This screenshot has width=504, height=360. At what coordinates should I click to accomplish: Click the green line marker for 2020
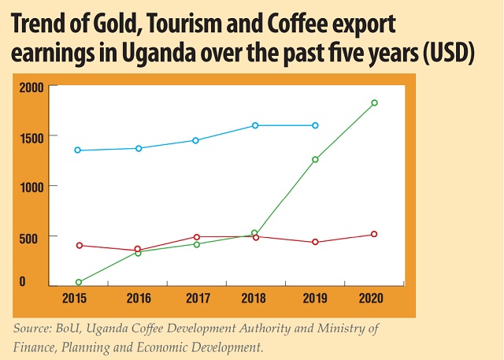[374, 103]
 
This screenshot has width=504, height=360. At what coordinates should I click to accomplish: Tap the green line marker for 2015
[78, 282]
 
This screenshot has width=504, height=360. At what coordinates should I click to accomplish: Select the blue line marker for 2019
[315, 125]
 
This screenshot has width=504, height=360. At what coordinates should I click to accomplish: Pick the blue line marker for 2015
[78, 150]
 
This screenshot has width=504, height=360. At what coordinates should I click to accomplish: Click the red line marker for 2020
[374, 234]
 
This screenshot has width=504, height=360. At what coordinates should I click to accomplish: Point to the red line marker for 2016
[137, 250]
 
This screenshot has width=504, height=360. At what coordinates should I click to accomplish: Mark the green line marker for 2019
[315, 160]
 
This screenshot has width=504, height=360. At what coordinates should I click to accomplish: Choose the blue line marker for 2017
[196, 140]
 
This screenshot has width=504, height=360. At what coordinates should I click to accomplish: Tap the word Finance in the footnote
[37, 345]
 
